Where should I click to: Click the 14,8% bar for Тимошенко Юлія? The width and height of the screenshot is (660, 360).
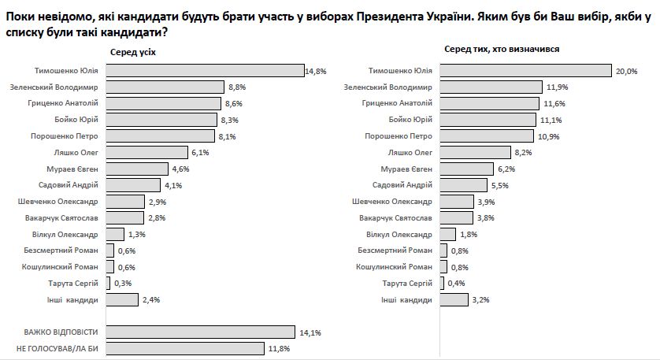click(x=204, y=70)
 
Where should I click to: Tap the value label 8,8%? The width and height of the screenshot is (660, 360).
click(x=236, y=87)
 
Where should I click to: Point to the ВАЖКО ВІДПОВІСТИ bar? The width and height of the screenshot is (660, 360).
click(x=199, y=332)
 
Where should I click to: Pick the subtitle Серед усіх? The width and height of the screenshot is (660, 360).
click(x=132, y=50)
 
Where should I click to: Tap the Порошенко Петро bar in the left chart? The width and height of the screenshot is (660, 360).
click(x=159, y=135)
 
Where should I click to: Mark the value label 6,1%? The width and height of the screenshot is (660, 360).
click(x=200, y=152)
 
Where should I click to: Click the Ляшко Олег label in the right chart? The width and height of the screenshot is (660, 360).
click(x=412, y=152)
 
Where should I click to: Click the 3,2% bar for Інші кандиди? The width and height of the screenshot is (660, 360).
click(x=453, y=299)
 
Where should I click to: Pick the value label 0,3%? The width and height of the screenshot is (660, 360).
click(x=123, y=284)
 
